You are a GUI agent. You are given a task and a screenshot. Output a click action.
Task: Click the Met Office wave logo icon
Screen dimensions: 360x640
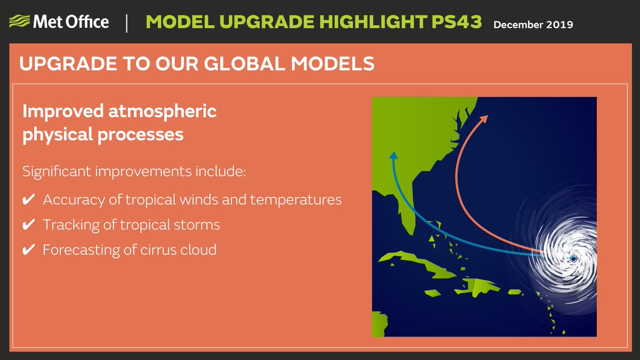[19, 22]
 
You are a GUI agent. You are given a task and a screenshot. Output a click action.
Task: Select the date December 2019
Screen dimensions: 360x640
[533, 25]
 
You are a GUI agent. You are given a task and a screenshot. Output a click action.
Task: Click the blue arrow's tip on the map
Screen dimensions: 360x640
[393, 155]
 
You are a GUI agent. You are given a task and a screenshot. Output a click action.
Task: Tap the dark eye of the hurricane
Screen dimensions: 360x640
[573, 259]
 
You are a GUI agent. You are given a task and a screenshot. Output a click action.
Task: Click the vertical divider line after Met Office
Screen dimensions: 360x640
[126, 23]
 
